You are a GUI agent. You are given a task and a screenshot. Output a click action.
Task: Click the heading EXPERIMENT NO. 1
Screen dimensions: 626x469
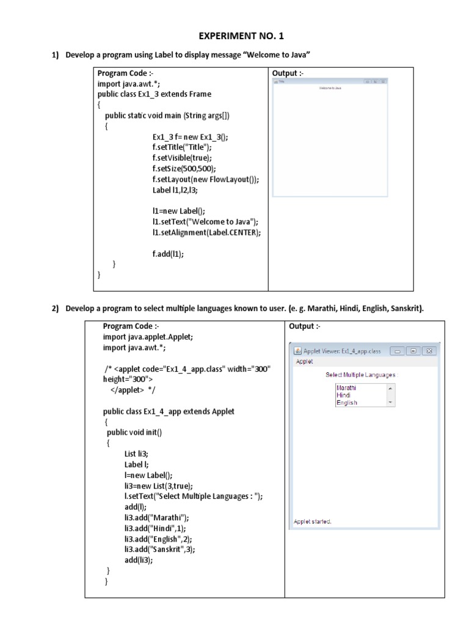point(234,35)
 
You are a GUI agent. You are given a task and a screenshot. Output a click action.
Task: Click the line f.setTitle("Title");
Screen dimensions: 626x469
point(182,147)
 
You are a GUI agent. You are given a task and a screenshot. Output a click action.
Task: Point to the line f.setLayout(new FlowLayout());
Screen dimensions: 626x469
point(206,179)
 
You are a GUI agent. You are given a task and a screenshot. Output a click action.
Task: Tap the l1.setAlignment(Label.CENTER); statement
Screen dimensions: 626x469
point(206,232)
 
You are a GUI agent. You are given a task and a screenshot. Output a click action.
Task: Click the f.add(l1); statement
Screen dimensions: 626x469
point(168,253)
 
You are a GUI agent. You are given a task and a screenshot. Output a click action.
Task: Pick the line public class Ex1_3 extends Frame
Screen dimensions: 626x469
point(154,94)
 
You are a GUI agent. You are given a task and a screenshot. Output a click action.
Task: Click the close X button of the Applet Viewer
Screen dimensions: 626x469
point(429,351)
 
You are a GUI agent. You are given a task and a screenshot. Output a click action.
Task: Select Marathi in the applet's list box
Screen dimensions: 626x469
point(346,388)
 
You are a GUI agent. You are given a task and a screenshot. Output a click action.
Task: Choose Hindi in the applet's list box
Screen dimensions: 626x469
point(343,395)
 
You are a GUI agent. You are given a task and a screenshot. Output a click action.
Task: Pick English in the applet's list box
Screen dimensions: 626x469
point(346,403)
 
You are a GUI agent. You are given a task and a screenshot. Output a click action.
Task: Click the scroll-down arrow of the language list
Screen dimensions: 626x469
point(390,403)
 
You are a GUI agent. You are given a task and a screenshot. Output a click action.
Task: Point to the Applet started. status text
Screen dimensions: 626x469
point(313,521)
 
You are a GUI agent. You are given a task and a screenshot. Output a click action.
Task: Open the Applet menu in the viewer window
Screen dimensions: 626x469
point(304,361)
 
